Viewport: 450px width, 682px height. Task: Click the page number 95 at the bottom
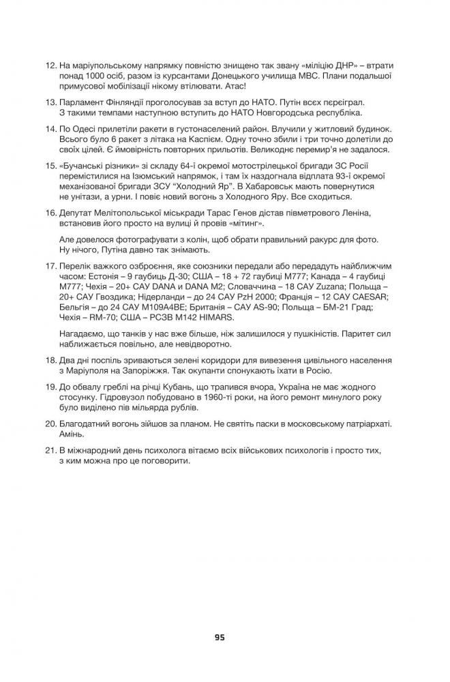219,638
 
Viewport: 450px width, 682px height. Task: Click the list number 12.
50,65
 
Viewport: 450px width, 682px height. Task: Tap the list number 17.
50,263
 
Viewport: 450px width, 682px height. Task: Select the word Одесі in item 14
89,128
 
